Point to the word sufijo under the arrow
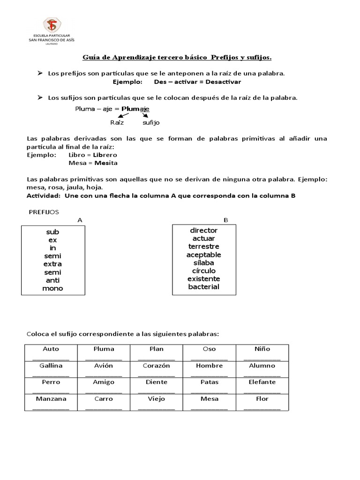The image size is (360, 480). pos(151,122)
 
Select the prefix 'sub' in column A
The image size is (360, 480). pos(52,232)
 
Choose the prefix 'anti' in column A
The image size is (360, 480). pos(52,280)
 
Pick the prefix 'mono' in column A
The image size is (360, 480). pos(52,288)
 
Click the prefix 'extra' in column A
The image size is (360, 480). pos(52,264)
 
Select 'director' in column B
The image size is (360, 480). pos(204,231)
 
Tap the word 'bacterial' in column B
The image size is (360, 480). pos(204,287)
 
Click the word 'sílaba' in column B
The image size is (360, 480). pos(204,262)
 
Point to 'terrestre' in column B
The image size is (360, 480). pos(204,247)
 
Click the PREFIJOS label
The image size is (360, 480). pos(44,212)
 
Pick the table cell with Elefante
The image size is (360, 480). pos(262,386)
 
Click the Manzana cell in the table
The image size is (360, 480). pos(51,402)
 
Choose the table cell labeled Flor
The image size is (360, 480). pos(262,402)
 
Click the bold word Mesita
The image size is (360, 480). pos(106,163)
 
